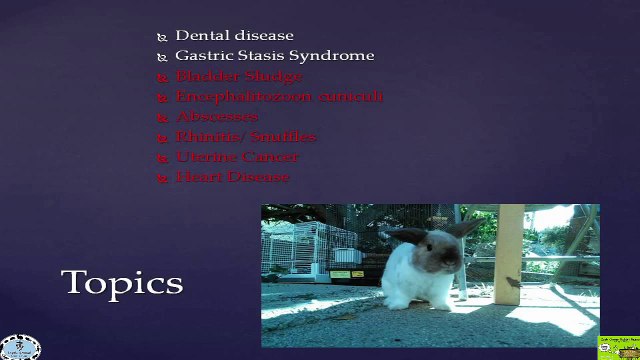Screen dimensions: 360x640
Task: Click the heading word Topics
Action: [x=122, y=282]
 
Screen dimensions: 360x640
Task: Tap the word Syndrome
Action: [x=334, y=56]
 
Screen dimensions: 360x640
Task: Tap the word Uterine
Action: [x=204, y=156]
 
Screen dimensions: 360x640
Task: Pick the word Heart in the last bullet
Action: [x=197, y=176]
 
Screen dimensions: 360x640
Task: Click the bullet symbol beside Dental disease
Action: [x=162, y=37]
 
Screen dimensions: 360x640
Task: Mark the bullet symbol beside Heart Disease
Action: [x=162, y=178]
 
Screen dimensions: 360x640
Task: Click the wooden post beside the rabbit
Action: [x=509, y=255]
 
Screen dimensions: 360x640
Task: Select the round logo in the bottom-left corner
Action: [x=20, y=346]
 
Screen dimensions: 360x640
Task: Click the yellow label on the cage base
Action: [x=340, y=274]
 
